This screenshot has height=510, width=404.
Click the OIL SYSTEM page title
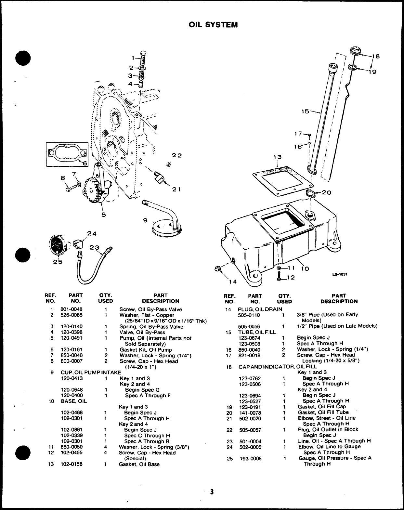213,25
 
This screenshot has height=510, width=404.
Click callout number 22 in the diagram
177,155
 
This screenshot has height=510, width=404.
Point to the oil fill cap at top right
356,51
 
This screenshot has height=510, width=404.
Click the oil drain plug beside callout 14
218,268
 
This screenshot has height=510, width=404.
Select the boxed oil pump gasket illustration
67,153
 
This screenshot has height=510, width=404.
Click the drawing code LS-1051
340,274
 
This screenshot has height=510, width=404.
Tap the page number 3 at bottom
212,491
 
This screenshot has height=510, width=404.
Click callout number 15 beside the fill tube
305,111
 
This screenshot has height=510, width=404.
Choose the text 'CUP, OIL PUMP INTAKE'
91,373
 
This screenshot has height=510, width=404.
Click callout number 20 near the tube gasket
326,192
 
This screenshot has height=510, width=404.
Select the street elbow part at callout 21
159,177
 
